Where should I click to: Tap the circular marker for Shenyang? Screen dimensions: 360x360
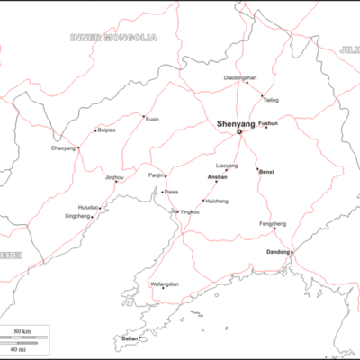coord(239,131)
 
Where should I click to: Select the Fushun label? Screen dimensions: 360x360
coord(268,122)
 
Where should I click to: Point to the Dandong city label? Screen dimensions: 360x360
coord(279,252)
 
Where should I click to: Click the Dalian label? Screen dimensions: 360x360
coord(130,338)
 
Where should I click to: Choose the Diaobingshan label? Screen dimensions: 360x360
coord(240,78)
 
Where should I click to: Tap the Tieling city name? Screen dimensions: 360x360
coord(271,100)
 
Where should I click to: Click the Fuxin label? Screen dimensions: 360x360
coord(152,118)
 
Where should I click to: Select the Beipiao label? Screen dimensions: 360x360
coord(106,130)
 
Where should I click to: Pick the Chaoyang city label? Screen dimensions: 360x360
coord(63,148)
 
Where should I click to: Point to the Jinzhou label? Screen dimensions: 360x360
coord(114,177)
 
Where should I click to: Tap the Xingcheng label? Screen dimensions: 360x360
coord(78,216)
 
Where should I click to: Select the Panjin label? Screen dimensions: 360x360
coord(156,175)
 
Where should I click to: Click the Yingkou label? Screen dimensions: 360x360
coord(190,211)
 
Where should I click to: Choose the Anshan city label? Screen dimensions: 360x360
coord(217,177)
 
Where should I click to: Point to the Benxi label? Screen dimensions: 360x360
coord(265,171)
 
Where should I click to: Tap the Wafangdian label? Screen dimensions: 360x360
coord(165,284)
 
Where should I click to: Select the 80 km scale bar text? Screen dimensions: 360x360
coord(22,331)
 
